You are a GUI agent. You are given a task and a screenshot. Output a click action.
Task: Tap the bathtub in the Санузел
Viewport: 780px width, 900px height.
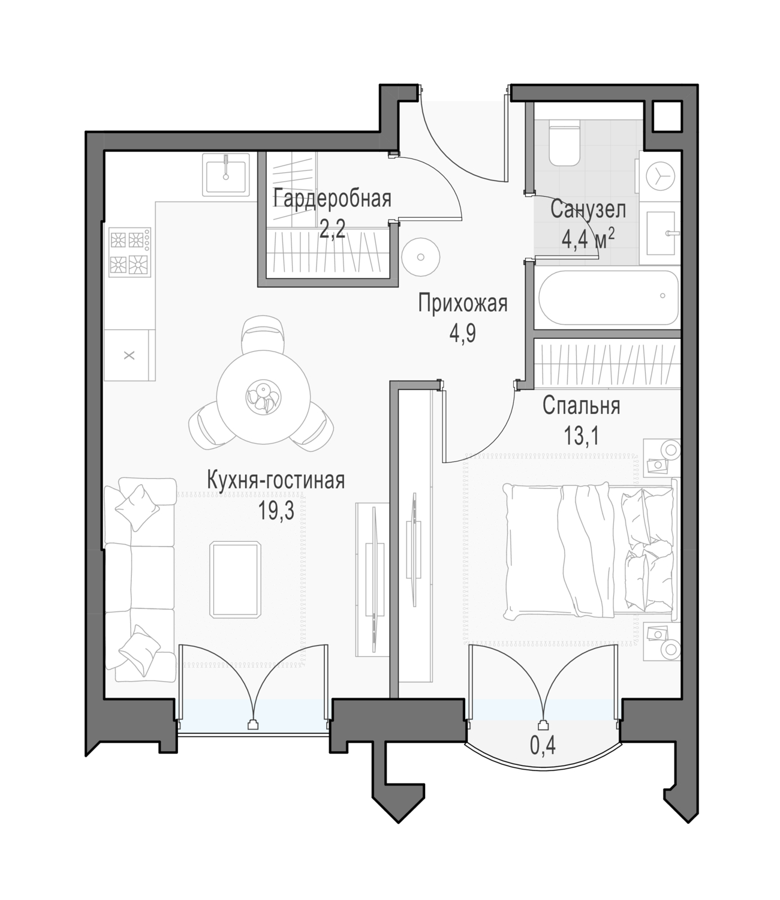(x=608, y=298)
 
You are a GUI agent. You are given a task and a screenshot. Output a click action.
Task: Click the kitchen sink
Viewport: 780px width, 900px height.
(x=226, y=174)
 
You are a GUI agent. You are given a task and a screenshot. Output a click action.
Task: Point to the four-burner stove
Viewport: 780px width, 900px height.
(x=130, y=252)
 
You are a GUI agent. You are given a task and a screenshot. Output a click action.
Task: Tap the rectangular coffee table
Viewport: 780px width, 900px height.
(x=235, y=580)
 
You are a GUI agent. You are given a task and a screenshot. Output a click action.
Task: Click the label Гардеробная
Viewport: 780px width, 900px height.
(x=332, y=199)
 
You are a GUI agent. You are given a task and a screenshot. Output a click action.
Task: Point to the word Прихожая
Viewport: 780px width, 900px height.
(x=463, y=304)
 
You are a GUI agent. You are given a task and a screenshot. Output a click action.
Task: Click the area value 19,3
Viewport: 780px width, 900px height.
(x=276, y=511)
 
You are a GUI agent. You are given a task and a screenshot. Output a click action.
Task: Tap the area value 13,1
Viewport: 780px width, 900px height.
(x=581, y=436)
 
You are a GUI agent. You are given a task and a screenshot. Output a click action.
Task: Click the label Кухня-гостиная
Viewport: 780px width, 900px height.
(x=276, y=481)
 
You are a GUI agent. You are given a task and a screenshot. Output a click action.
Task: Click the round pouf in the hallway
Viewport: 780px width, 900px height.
(x=421, y=257)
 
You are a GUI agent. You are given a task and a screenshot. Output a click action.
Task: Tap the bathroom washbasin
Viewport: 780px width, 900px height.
(x=660, y=233)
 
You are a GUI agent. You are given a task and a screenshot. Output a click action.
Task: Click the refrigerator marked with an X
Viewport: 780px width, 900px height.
(x=129, y=355)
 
